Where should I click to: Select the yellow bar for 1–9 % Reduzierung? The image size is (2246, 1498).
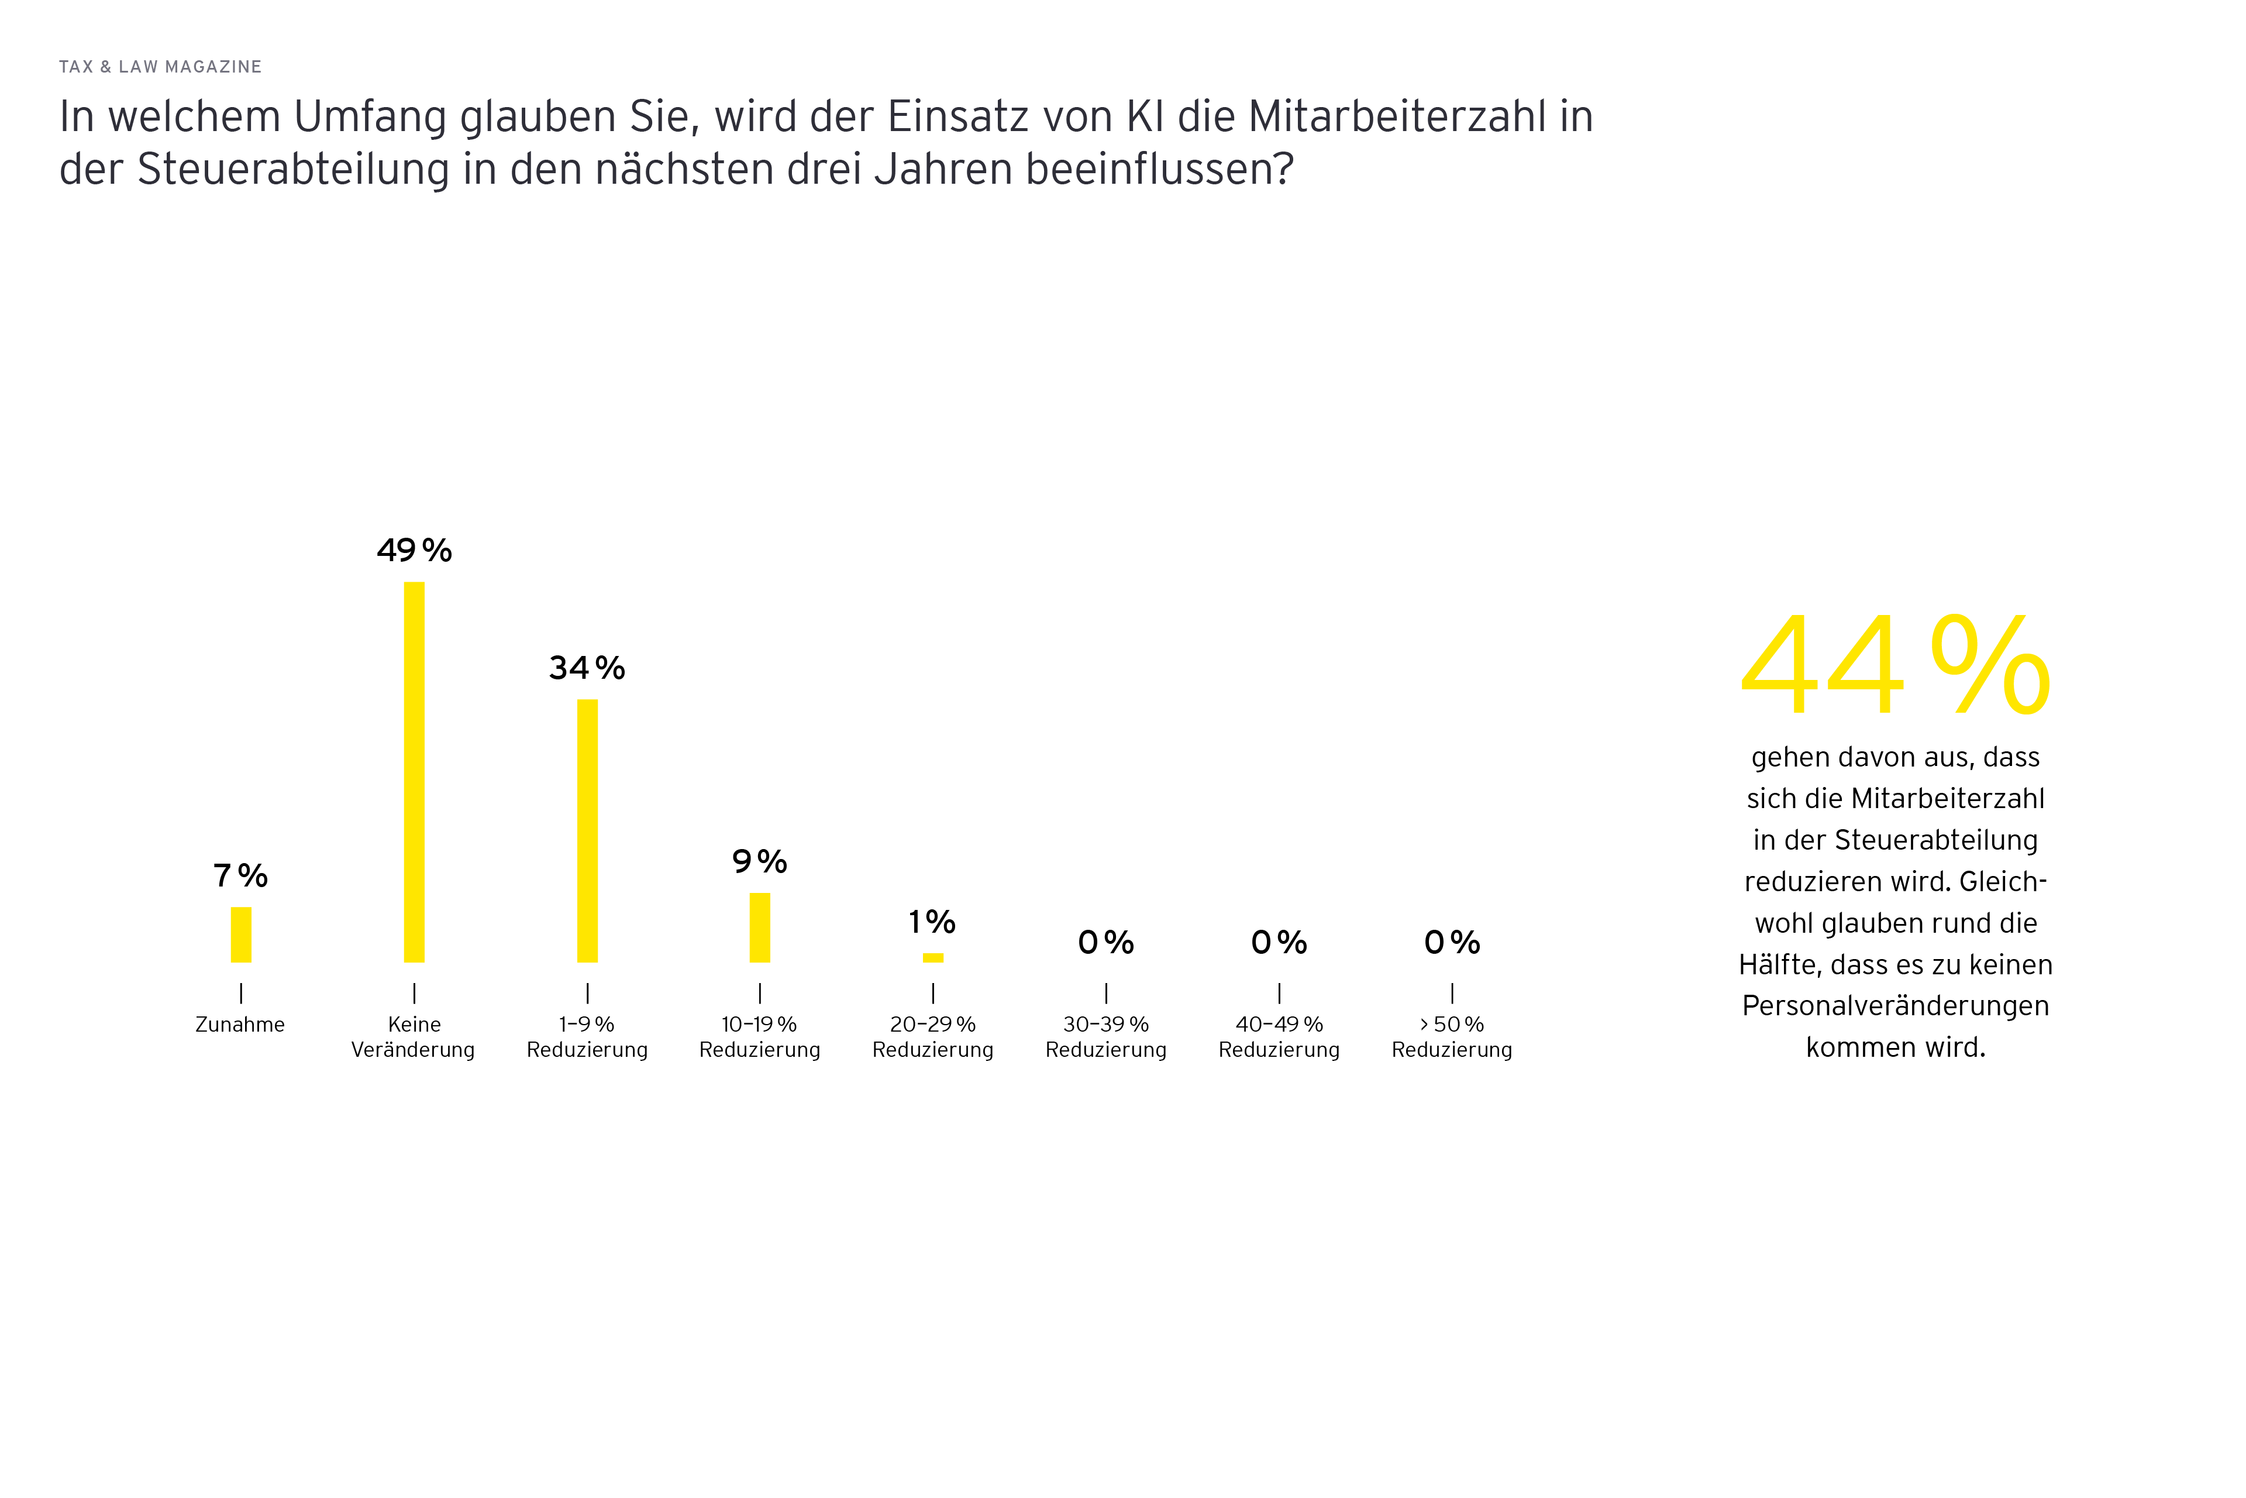coord(587,830)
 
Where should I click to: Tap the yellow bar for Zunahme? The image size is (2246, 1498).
coord(240,934)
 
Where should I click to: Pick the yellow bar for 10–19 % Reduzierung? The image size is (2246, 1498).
coord(760,927)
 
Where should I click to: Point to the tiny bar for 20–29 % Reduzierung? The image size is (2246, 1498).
coord(933,957)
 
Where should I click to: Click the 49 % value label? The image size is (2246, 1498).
coord(414,550)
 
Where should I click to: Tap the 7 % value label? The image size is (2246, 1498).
coord(240,875)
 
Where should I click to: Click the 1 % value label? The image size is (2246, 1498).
coord(932,922)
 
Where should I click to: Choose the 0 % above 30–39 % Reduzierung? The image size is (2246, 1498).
coord(1106,943)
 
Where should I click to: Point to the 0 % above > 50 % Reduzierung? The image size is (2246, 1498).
coord(1452,943)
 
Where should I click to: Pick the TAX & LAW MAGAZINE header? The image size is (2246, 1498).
coord(160,67)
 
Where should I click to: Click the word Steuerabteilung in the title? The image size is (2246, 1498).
coord(293,169)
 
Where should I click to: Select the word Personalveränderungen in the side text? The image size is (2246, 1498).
coord(1896,1006)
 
